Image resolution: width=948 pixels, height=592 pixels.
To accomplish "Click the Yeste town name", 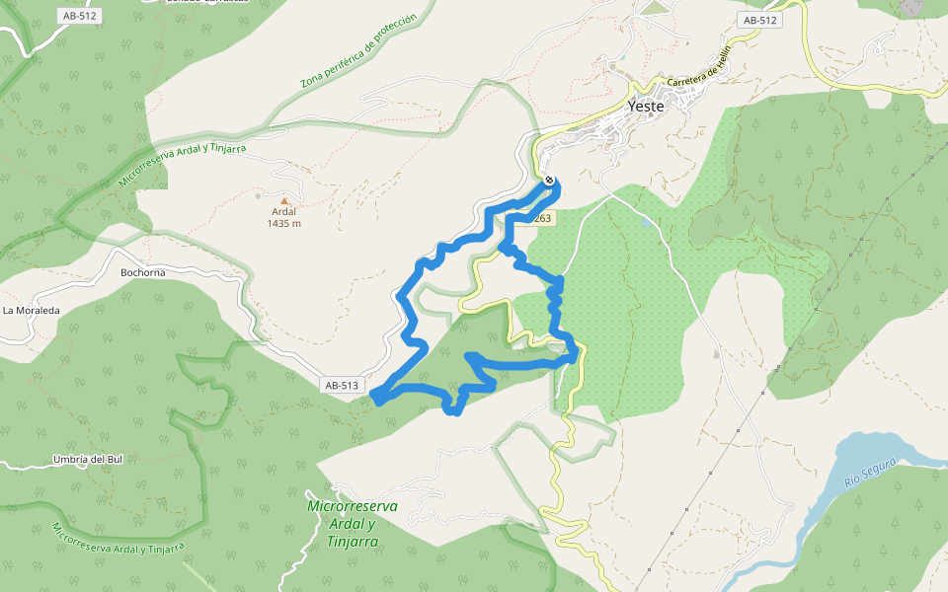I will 646,107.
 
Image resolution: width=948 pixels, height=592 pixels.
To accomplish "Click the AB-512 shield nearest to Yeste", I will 760,20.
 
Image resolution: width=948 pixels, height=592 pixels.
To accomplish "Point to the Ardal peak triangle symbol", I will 284,200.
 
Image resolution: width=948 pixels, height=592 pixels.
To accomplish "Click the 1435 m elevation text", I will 284,223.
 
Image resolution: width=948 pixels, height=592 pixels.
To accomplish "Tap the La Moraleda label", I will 31,310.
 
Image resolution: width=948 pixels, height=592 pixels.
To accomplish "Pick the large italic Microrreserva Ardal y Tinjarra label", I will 353,523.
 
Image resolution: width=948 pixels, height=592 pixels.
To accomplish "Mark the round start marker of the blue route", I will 549,181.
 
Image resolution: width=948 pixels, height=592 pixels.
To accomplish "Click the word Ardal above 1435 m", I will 284,211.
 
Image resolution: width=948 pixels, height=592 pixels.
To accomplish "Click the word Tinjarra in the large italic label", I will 352,542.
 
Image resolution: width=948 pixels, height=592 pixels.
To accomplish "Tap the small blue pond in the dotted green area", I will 646,224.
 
